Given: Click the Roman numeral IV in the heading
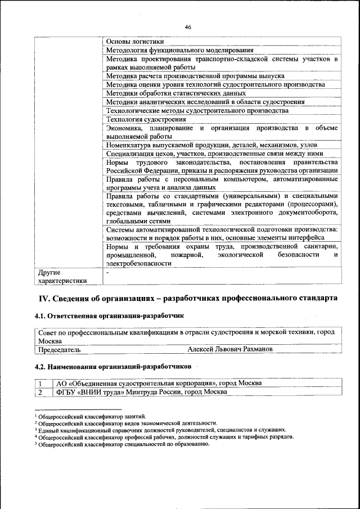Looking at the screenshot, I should pos(45,298).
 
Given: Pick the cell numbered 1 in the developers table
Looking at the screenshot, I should pos(40,384).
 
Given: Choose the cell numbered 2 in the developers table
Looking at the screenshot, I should pos(40,392).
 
